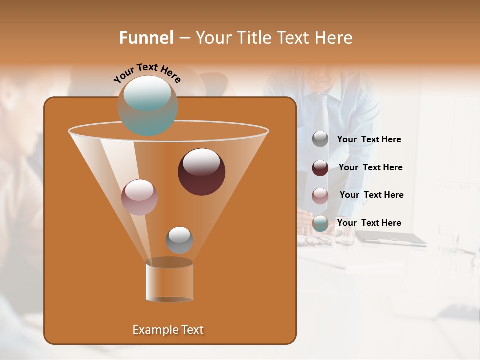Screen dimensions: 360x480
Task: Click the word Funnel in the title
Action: coord(146,38)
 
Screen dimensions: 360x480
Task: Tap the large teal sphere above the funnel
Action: coord(147,105)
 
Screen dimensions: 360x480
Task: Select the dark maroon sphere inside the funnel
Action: coord(201,171)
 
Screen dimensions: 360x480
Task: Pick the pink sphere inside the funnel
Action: coord(139,197)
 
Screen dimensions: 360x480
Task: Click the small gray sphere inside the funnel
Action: coord(179,240)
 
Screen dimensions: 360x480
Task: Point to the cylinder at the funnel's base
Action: coord(169,281)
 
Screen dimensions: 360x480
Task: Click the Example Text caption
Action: coord(168,330)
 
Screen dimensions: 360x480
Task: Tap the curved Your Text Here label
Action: coord(147,72)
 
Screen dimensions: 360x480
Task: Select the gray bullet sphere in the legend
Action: coord(320,139)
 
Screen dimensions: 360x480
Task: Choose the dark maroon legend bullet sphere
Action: coord(320,168)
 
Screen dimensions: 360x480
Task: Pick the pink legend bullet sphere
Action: coord(320,196)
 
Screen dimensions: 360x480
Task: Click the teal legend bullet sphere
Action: coord(320,223)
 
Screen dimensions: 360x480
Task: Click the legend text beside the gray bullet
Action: coord(369,140)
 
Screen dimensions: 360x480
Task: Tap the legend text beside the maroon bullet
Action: coord(370,167)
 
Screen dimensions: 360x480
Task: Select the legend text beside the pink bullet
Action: coord(371,195)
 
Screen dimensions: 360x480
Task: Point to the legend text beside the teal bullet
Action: coord(369,223)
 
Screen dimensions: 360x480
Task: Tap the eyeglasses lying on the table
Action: coord(317,241)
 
